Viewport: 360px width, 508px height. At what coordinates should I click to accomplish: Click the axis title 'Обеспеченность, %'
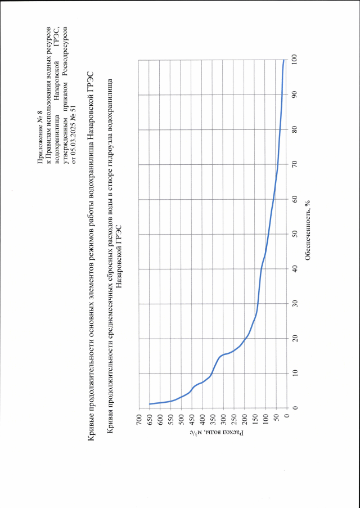click(x=308, y=234)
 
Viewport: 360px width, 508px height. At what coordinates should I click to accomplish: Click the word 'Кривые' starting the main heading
click(x=92, y=434)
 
